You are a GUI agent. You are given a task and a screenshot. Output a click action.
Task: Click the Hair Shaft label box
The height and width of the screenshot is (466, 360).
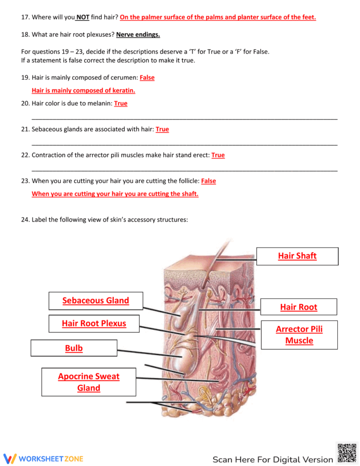[x=297, y=256]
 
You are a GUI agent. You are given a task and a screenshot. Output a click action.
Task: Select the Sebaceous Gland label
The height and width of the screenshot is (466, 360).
[x=96, y=300]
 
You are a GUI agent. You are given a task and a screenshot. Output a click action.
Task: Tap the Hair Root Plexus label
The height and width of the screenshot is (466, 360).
[x=94, y=324]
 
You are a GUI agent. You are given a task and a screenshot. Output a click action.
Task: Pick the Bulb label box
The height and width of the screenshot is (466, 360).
[x=74, y=348]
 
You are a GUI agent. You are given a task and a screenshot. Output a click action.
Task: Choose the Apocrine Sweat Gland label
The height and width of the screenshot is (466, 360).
[x=89, y=382]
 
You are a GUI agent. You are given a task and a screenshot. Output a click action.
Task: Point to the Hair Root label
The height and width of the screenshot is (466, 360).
[x=299, y=307]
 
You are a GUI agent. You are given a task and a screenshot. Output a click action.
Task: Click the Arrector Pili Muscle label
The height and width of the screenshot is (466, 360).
[x=299, y=334]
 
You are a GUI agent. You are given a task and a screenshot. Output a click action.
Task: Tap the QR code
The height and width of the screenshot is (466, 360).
[x=347, y=452]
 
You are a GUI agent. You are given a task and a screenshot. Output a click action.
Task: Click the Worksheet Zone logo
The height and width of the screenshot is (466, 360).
[x=43, y=459]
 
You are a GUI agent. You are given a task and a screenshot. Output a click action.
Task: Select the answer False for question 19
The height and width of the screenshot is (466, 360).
[x=147, y=78]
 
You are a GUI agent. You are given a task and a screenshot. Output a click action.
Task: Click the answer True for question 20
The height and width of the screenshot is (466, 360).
[x=121, y=104]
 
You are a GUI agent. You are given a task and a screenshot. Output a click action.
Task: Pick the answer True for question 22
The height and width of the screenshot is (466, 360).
[x=218, y=155]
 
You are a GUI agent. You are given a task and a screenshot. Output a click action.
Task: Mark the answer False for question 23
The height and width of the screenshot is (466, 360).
[x=208, y=181]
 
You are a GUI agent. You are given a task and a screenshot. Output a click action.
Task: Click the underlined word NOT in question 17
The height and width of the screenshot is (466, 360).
[x=82, y=17]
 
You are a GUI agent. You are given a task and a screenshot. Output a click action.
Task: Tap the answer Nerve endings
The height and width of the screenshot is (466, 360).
[x=138, y=35]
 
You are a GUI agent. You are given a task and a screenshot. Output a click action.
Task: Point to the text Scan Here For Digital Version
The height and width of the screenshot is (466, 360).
[x=273, y=459]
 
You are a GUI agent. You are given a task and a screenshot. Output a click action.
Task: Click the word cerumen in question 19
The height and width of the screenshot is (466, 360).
[x=124, y=78]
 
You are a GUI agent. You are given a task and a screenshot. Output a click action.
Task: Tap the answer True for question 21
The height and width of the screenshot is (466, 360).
[x=162, y=130]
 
